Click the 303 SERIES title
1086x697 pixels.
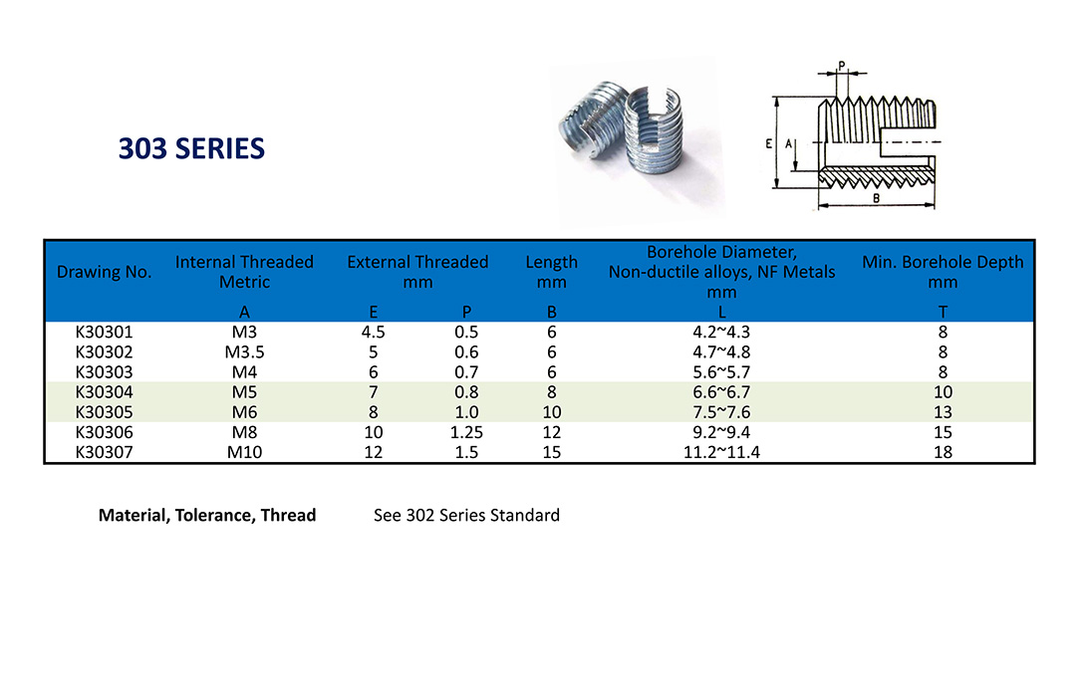[x=192, y=148]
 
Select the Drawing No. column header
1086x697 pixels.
[x=104, y=272]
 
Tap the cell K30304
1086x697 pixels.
[x=104, y=392]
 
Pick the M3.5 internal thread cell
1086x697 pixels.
[x=244, y=352]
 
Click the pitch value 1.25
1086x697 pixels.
[x=466, y=432]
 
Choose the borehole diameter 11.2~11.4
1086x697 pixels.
[x=721, y=453]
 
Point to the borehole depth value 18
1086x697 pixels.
[x=943, y=453]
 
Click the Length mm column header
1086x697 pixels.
[x=551, y=272]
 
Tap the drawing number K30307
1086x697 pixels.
[x=104, y=453]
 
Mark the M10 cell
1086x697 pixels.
[x=244, y=453]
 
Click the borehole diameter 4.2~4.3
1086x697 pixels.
[x=721, y=333]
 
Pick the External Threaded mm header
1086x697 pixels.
[x=417, y=272]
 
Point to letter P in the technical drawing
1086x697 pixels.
[x=842, y=66]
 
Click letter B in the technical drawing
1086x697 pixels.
[x=876, y=199]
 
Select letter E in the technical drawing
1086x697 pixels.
[x=769, y=144]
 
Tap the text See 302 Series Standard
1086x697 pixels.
[x=467, y=516]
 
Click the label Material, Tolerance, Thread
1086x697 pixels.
[x=207, y=516]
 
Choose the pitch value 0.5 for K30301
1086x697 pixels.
[x=466, y=333]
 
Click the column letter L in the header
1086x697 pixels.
[x=721, y=313]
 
